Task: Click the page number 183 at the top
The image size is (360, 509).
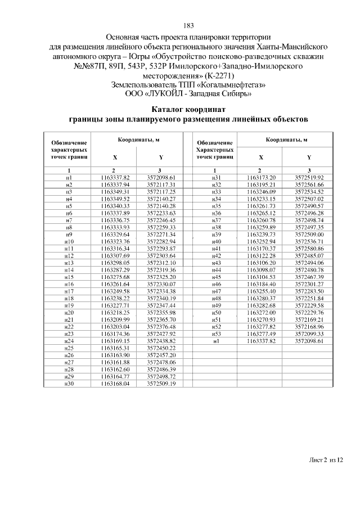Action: coord(188,25)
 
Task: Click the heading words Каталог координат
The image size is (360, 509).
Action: coord(188,109)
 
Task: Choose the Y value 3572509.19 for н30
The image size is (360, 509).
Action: coord(162,384)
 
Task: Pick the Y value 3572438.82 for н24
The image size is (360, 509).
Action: coord(162,341)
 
